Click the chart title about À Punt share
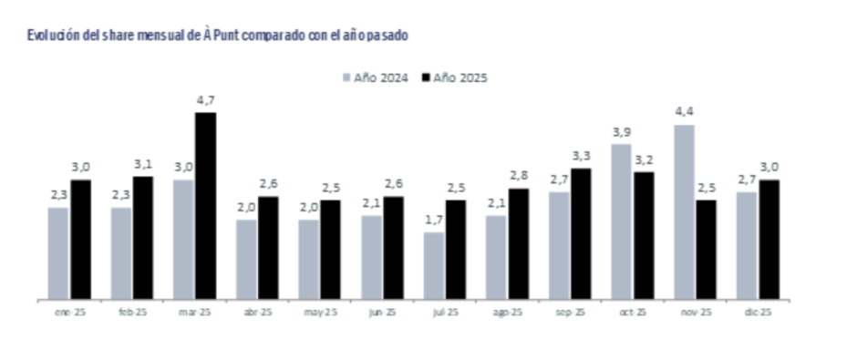217,36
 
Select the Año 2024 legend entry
374,77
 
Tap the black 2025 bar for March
205,205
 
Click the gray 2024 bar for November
683,211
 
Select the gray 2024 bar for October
621,221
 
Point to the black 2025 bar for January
81,239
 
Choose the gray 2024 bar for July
434,265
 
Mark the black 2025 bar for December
769,239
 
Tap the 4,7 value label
206,99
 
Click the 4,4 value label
683,112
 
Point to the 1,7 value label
434,220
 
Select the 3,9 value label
621,132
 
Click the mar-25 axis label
194,312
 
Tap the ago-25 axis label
507,312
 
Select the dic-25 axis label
757,312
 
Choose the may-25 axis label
319,312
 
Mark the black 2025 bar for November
707,249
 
